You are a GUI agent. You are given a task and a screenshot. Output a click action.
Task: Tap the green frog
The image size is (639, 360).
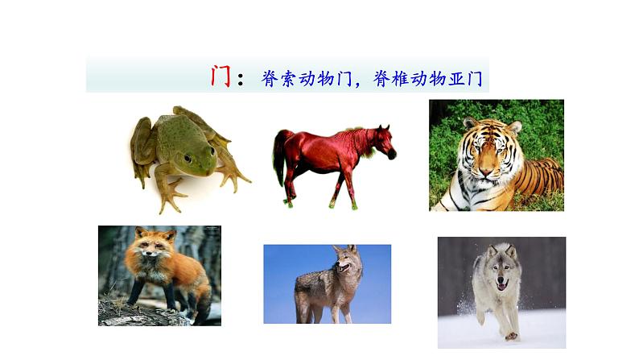(x=181, y=149)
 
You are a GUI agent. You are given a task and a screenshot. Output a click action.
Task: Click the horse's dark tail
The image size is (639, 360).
(x=279, y=157)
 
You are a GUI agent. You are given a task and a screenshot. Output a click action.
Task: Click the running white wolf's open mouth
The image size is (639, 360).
(x=502, y=283)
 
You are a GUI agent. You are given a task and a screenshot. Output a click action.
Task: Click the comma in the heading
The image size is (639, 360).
(x=359, y=83)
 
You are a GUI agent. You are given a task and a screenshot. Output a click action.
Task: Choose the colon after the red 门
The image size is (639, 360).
(x=243, y=78)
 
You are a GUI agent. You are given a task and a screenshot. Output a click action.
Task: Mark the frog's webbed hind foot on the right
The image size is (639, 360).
(x=233, y=179)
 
